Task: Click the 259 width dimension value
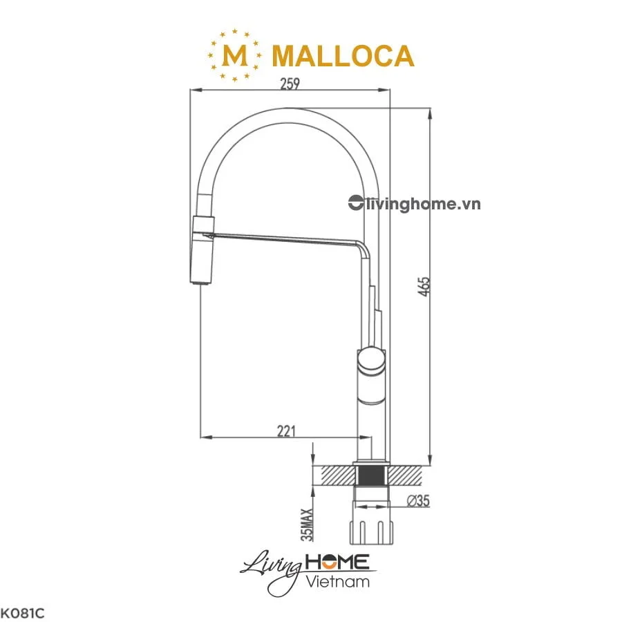(x=290, y=84)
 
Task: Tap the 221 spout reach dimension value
(x=285, y=431)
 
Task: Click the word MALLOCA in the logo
(x=343, y=56)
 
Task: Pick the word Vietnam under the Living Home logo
(x=337, y=581)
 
